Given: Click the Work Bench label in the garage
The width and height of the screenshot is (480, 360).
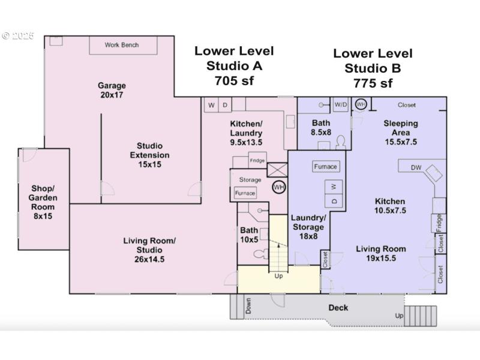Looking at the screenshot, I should click(x=122, y=45).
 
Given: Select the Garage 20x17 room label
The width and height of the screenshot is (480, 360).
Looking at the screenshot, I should click(x=112, y=90).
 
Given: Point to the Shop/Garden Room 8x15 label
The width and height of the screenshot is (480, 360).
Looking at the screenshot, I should click(x=43, y=202).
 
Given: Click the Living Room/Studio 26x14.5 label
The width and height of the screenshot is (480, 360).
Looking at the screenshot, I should click(x=149, y=250).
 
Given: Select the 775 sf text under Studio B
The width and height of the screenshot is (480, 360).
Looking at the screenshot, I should click(x=373, y=83).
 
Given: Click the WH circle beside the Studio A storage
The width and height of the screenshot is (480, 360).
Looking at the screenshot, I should click(x=279, y=187).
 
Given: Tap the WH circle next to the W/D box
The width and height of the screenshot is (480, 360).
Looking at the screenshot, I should click(x=361, y=104).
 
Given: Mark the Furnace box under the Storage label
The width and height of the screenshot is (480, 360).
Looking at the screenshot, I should click(x=245, y=193).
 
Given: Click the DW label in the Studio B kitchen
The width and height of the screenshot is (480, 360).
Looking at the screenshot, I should click(x=416, y=167).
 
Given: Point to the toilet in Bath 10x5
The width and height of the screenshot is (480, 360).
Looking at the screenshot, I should click(x=259, y=254).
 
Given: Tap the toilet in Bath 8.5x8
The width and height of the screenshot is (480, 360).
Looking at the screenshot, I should click(x=340, y=142).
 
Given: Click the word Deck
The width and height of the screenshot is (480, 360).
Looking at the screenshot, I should click(x=338, y=308).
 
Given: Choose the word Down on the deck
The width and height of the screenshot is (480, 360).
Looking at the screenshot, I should click(x=248, y=307).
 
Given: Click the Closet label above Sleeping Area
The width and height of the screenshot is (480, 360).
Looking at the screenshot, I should click(x=406, y=105).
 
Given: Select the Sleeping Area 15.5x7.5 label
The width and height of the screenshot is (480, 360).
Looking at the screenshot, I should click(x=401, y=133).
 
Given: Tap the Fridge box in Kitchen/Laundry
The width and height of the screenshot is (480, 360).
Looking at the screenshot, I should click(x=257, y=160).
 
